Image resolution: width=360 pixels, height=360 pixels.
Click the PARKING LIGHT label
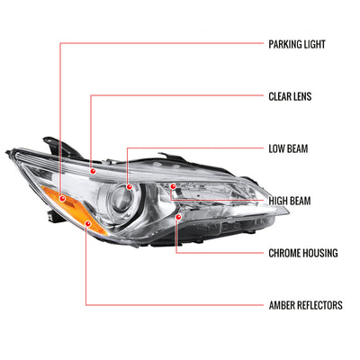[x=297, y=44]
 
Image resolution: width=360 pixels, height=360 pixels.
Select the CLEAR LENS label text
[x=290, y=96]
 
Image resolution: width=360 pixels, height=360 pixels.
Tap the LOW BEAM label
[x=288, y=148]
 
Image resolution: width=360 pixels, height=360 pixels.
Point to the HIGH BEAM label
[x=290, y=201]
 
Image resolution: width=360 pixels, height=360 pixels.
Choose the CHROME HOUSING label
[x=303, y=253]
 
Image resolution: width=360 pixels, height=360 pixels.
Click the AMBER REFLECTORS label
[x=305, y=305]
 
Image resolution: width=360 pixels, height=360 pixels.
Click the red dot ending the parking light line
[x=63, y=198]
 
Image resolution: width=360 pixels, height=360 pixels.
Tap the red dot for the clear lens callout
[x=93, y=171]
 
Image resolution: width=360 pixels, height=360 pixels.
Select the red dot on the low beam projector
[x=130, y=187]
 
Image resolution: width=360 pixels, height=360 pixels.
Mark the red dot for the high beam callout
[x=173, y=186]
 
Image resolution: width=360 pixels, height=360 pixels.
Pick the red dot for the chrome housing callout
[x=179, y=217]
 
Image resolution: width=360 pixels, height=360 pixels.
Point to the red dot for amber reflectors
[x=88, y=223]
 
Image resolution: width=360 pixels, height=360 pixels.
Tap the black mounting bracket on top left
[x=62, y=148]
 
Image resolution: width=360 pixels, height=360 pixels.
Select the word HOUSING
[x=320, y=253]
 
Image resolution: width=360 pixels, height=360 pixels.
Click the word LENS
[x=301, y=96]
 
